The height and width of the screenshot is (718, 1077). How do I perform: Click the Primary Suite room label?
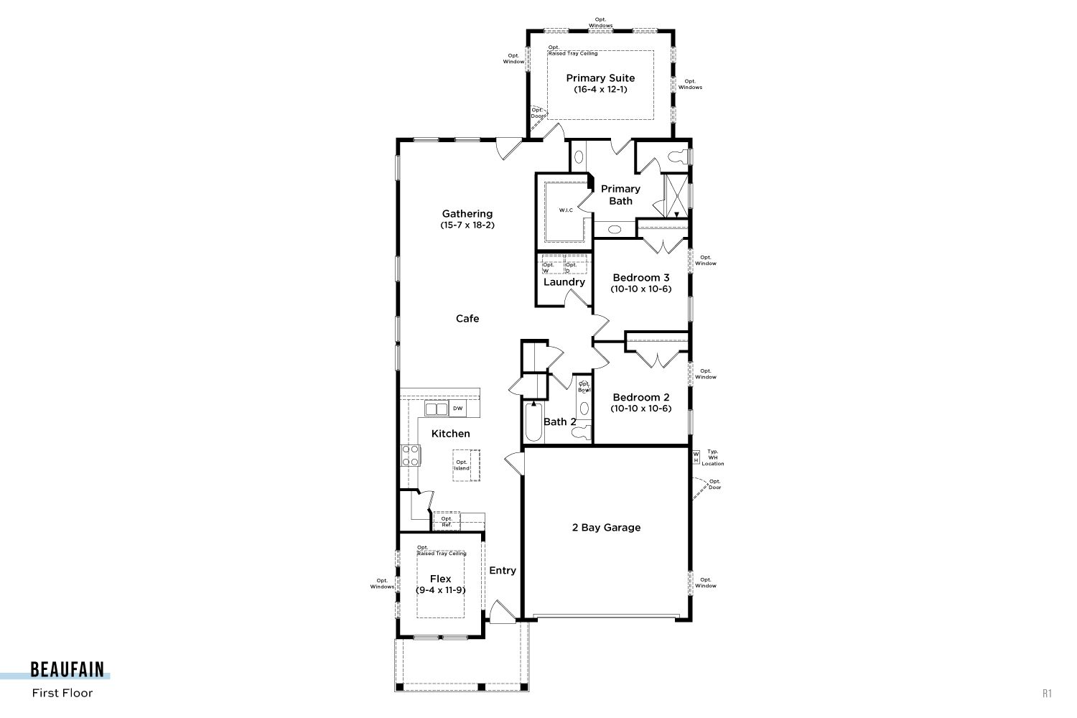click(600, 78)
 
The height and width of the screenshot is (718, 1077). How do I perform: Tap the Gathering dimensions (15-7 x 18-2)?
click(467, 225)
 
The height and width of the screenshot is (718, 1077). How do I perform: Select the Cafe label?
click(467, 318)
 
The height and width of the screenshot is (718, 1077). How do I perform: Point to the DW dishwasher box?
click(457, 409)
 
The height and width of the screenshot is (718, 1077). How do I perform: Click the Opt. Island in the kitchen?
click(466, 465)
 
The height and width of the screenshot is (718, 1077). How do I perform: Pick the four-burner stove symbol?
click(411, 455)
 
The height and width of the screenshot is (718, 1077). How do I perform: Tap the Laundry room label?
click(564, 281)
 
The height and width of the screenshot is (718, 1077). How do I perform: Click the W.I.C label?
click(566, 210)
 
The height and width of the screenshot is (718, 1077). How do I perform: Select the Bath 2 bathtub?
click(533, 422)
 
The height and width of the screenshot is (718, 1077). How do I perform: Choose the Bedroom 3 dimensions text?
click(641, 289)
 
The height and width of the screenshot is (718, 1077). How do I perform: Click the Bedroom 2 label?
click(641, 397)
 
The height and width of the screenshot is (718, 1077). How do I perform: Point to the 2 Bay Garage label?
click(606, 528)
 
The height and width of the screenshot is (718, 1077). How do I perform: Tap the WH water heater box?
click(696, 457)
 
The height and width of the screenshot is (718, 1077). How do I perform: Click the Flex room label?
click(440, 579)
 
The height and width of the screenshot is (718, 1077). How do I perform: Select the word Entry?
click(503, 570)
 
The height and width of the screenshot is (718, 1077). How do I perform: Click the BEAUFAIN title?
click(67, 670)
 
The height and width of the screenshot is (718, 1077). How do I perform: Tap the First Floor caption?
click(62, 693)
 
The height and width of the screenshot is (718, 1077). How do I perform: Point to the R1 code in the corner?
click(1047, 694)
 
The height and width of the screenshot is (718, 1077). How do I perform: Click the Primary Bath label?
click(620, 195)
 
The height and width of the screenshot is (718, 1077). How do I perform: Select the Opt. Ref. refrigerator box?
click(447, 521)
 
